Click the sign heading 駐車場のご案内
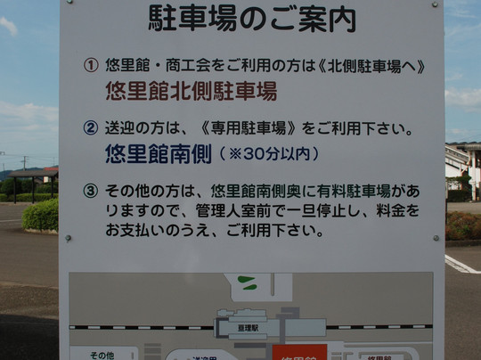tap(251, 18)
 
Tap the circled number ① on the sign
tap(91, 66)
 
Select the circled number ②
tap(91, 129)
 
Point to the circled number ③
tap(91, 191)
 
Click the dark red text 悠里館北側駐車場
tap(191, 91)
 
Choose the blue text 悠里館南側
tap(157, 153)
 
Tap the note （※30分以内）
tap(268, 154)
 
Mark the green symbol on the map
tap(247, 284)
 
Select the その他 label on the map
tap(102, 355)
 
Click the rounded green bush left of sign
tap(41, 215)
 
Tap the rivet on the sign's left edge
tap(68, 238)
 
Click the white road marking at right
tap(461, 265)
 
